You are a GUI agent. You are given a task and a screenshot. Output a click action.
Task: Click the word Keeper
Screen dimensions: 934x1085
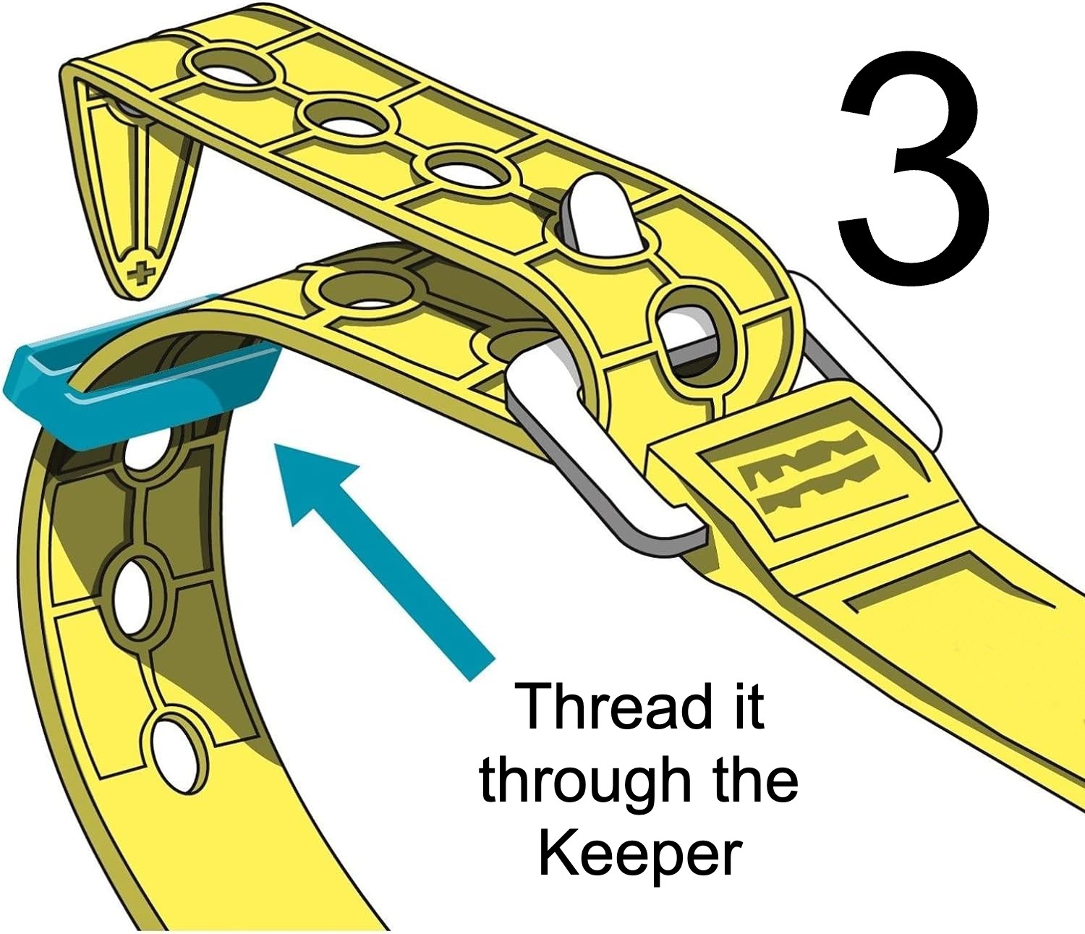[x=639, y=854]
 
